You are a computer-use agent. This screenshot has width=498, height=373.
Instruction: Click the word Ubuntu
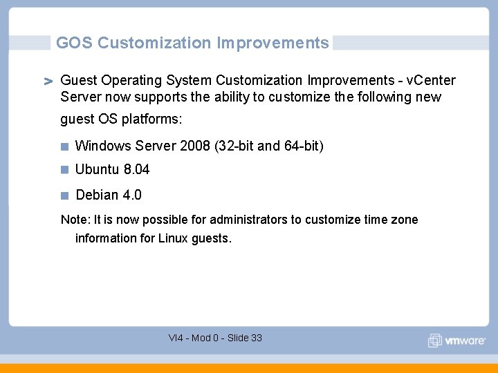(98, 169)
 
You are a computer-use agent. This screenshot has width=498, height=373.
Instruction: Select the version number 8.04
(137, 169)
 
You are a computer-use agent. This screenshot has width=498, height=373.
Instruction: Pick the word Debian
(97, 195)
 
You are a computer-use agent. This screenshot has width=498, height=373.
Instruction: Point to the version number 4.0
(132, 195)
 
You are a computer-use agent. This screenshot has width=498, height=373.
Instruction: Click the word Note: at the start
(75, 220)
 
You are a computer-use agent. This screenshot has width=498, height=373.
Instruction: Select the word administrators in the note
(248, 220)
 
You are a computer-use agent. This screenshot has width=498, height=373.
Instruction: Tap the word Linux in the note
(173, 238)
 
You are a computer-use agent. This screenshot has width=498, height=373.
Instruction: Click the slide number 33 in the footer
(256, 338)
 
